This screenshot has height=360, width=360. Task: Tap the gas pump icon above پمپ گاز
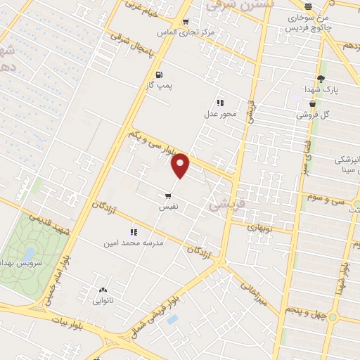click(x=158, y=75)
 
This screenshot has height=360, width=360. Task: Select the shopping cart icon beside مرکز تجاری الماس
click(x=185, y=22)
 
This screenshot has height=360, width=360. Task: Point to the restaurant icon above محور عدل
click(x=220, y=103)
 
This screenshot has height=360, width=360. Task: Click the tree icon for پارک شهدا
click(x=321, y=79)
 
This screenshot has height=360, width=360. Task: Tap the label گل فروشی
click(x=314, y=114)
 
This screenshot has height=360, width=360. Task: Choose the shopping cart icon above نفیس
click(x=168, y=196)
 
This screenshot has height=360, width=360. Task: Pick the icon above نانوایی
click(x=104, y=290)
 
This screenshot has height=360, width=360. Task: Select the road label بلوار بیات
click(x=66, y=324)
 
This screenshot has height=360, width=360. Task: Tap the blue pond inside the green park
click(x=30, y=252)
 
